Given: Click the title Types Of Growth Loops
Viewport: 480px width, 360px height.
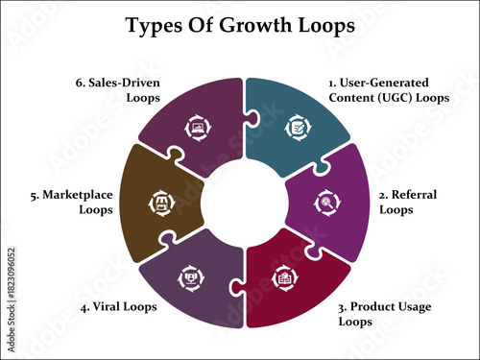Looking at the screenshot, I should click(x=239, y=26).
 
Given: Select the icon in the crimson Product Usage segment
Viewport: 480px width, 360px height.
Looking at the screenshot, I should click(x=283, y=276).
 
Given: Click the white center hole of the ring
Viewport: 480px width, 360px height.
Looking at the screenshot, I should click(x=240, y=202).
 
